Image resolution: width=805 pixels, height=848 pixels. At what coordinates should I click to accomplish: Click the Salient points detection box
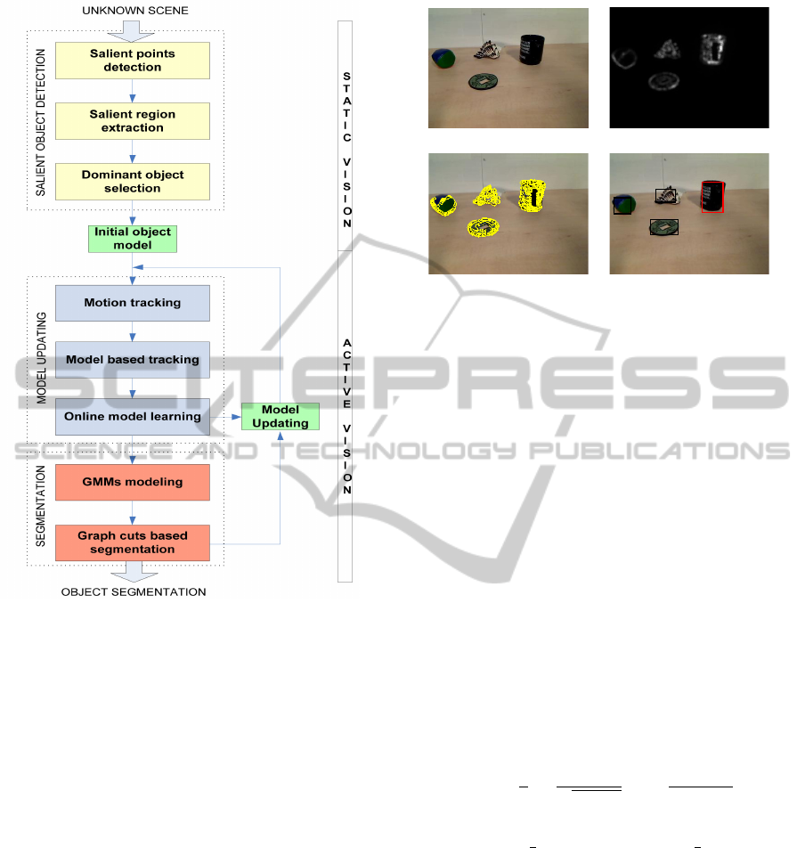tap(133, 61)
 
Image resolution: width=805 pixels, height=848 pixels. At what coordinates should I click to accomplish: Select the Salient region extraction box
tap(133, 121)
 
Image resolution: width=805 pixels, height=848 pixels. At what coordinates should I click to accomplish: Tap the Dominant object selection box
tap(133, 182)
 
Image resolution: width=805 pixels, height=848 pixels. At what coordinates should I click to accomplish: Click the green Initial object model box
tap(133, 239)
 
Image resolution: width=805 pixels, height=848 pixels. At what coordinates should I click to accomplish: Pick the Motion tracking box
tap(133, 303)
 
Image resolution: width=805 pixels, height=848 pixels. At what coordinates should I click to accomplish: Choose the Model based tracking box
tap(133, 360)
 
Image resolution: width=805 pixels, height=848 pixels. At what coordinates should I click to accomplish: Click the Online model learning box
tap(133, 417)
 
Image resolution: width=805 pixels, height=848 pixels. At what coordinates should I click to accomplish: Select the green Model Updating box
tap(280, 417)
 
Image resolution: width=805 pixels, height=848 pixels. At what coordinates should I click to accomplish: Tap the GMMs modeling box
tap(133, 482)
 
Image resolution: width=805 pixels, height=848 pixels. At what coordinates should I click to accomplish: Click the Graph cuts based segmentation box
tap(133, 542)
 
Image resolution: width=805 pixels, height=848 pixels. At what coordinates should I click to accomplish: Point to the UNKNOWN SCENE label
tap(135, 11)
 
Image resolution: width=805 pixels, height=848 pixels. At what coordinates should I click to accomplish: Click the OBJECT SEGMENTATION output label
tap(134, 592)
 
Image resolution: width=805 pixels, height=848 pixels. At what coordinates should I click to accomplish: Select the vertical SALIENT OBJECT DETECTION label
tap(41, 122)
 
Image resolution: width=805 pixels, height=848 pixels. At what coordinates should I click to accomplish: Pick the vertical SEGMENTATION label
tap(41, 506)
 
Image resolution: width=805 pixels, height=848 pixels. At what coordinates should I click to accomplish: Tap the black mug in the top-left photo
tap(532, 50)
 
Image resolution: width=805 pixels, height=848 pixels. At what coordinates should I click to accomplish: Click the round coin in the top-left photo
tap(483, 82)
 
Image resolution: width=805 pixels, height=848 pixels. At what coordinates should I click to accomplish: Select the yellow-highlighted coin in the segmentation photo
tap(483, 227)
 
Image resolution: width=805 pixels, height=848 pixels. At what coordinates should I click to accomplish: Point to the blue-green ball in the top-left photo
tap(443, 59)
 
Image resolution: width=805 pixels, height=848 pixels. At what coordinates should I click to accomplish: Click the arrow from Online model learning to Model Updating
tap(225, 417)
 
